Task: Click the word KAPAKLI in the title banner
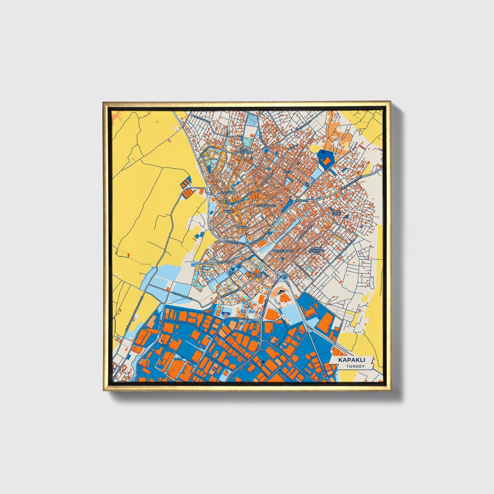(x=351, y=360)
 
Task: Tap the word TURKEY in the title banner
(x=355, y=366)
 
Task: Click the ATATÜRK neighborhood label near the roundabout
(x=228, y=193)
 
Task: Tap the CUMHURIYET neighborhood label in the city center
(x=267, y=206)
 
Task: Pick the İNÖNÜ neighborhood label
(x=228, y=212)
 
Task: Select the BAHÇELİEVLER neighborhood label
(x=283, y=251)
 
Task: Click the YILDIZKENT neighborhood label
(x=225, y=262)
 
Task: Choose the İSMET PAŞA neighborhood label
(x=258, y=275)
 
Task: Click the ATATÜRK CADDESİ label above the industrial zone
(x=242, y=319)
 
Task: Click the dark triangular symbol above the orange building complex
(x=281, y=292)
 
